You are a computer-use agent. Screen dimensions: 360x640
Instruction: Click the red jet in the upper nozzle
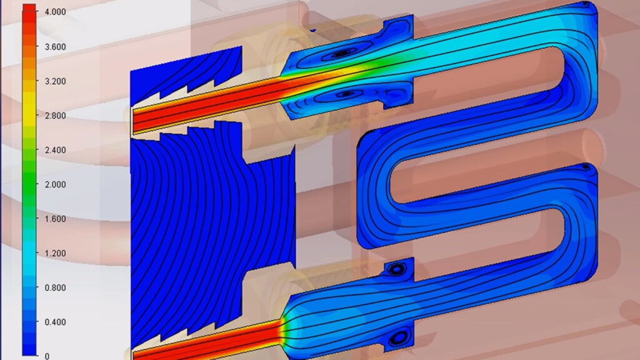pos(206,101)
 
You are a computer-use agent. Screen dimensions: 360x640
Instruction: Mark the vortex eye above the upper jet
pos(341,54)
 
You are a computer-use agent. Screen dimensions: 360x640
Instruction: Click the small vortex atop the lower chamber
pos(397,269)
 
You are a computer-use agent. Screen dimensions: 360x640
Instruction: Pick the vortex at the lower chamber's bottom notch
pos(397,337)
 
